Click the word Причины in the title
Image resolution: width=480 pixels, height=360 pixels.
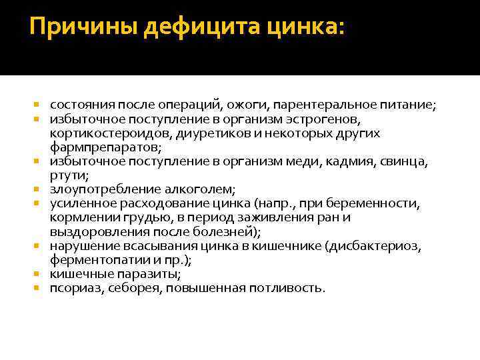83,27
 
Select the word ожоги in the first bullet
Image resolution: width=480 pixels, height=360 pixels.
247,105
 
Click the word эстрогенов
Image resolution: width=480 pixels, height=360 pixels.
323,119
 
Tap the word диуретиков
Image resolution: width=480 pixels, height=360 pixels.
217,134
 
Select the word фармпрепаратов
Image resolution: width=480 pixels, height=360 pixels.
105,147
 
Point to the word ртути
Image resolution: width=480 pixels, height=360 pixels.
69,176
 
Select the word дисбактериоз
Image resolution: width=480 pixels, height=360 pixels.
373,246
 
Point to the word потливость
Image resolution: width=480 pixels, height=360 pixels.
287,289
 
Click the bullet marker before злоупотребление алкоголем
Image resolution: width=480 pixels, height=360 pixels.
37,189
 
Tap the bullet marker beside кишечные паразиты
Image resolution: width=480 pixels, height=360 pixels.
37,273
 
